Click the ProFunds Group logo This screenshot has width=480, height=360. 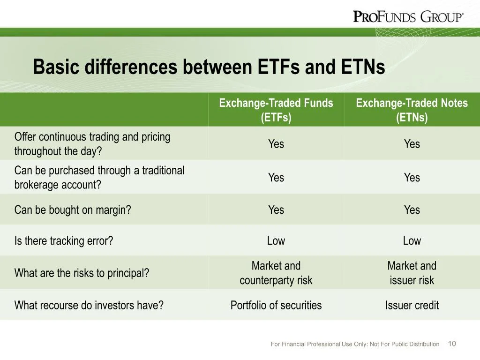[408, 17]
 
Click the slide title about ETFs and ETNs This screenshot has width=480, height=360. [209, 67]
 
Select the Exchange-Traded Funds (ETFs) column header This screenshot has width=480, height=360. [276, 110]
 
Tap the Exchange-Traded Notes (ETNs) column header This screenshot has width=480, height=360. [412, 110]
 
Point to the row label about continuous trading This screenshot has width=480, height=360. [92, 144]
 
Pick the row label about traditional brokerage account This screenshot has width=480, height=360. [99, 177]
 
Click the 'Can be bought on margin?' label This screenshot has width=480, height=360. [73, 210]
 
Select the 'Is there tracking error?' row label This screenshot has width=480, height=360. [64, 241]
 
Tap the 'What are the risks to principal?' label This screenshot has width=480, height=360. [82, 273]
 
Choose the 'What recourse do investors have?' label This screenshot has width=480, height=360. [89, 306]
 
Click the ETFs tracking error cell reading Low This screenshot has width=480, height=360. [276, 241]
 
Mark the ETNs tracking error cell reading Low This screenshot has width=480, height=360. [412, 241]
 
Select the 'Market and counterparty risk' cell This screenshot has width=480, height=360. [276, 273]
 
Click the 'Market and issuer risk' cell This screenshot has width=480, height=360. [412, 273]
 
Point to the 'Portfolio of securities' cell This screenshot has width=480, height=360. [276, 306]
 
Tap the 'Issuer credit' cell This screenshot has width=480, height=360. [412, 306]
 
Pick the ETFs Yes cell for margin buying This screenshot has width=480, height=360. [276, 210]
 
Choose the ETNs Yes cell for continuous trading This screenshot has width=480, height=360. [412, 144]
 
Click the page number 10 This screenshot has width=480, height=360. [452, 344]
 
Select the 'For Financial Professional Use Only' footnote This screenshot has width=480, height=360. [355, 344]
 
